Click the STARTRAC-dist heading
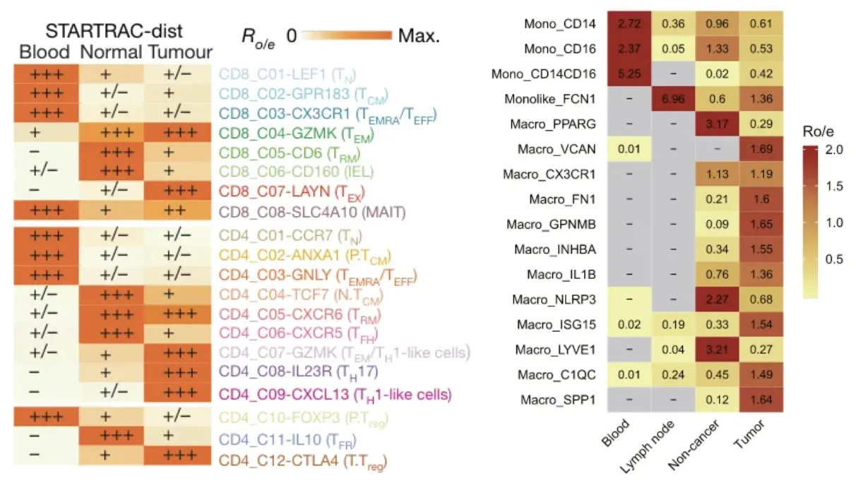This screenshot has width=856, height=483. (x=114, y=31)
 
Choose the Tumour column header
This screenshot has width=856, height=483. (x=180, y=52)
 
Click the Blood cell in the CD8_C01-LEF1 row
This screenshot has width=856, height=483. (x=45, y=73)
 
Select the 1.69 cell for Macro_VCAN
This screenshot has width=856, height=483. (x=761, y=149)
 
